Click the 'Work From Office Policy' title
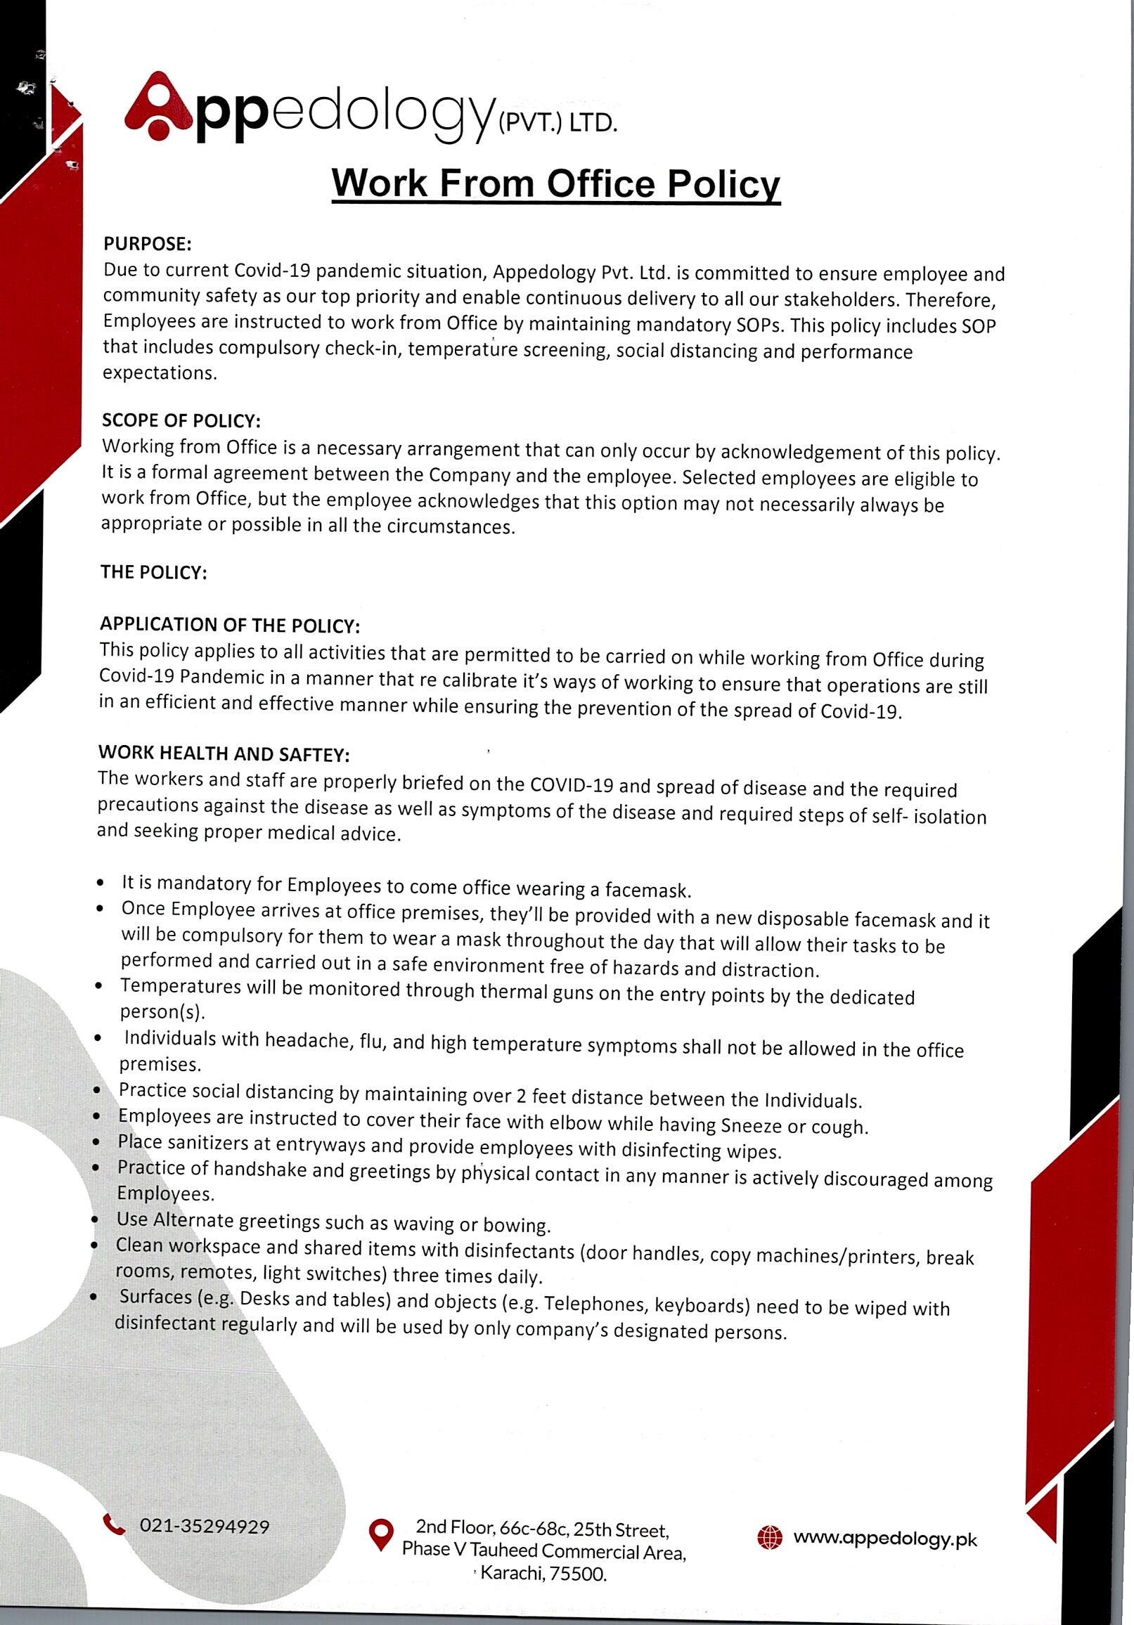[x=555, y=183]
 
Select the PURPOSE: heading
[x=147, y=244]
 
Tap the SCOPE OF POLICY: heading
[x=181, y=420]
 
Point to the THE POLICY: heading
[x=153, y=572]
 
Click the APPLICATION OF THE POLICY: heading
[x=230, y=625]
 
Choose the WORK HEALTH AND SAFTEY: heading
[x=224, y=753]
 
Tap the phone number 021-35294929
[x=205, y=1526]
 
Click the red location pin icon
[x=382, y=1534]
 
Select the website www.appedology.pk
[x=885, y=1539]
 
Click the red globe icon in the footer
[x=770, y=1538]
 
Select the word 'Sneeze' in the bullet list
[x=752, y=1125]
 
